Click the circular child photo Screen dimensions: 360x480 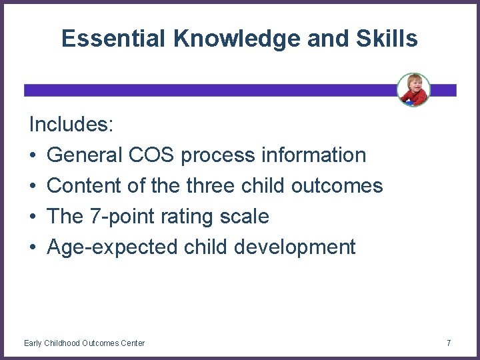413,89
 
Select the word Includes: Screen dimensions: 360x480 71,125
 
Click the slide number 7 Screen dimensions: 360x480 449,343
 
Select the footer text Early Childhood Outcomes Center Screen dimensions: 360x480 84,343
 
